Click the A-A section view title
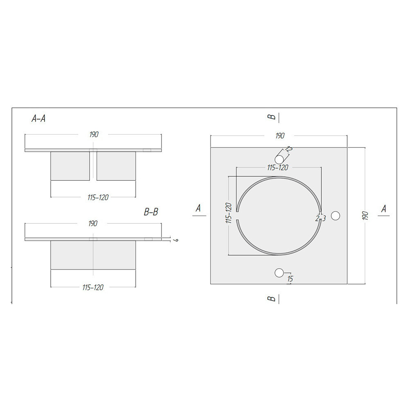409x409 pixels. click(x=38, y=119)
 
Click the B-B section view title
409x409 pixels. click(x=151, y=212)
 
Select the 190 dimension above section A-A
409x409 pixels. click(x=94, y=134)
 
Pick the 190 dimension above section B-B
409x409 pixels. click(x=92, y=224)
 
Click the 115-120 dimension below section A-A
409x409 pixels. click(x=98, y=198)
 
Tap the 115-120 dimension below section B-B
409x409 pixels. click(x=93, y=288)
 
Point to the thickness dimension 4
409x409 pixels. click(x=177, y=240)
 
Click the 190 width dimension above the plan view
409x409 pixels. click(x=280, y=136)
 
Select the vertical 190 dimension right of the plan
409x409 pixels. click(x=365, y=216)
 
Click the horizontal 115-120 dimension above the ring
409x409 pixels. click(x=278, y=167)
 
